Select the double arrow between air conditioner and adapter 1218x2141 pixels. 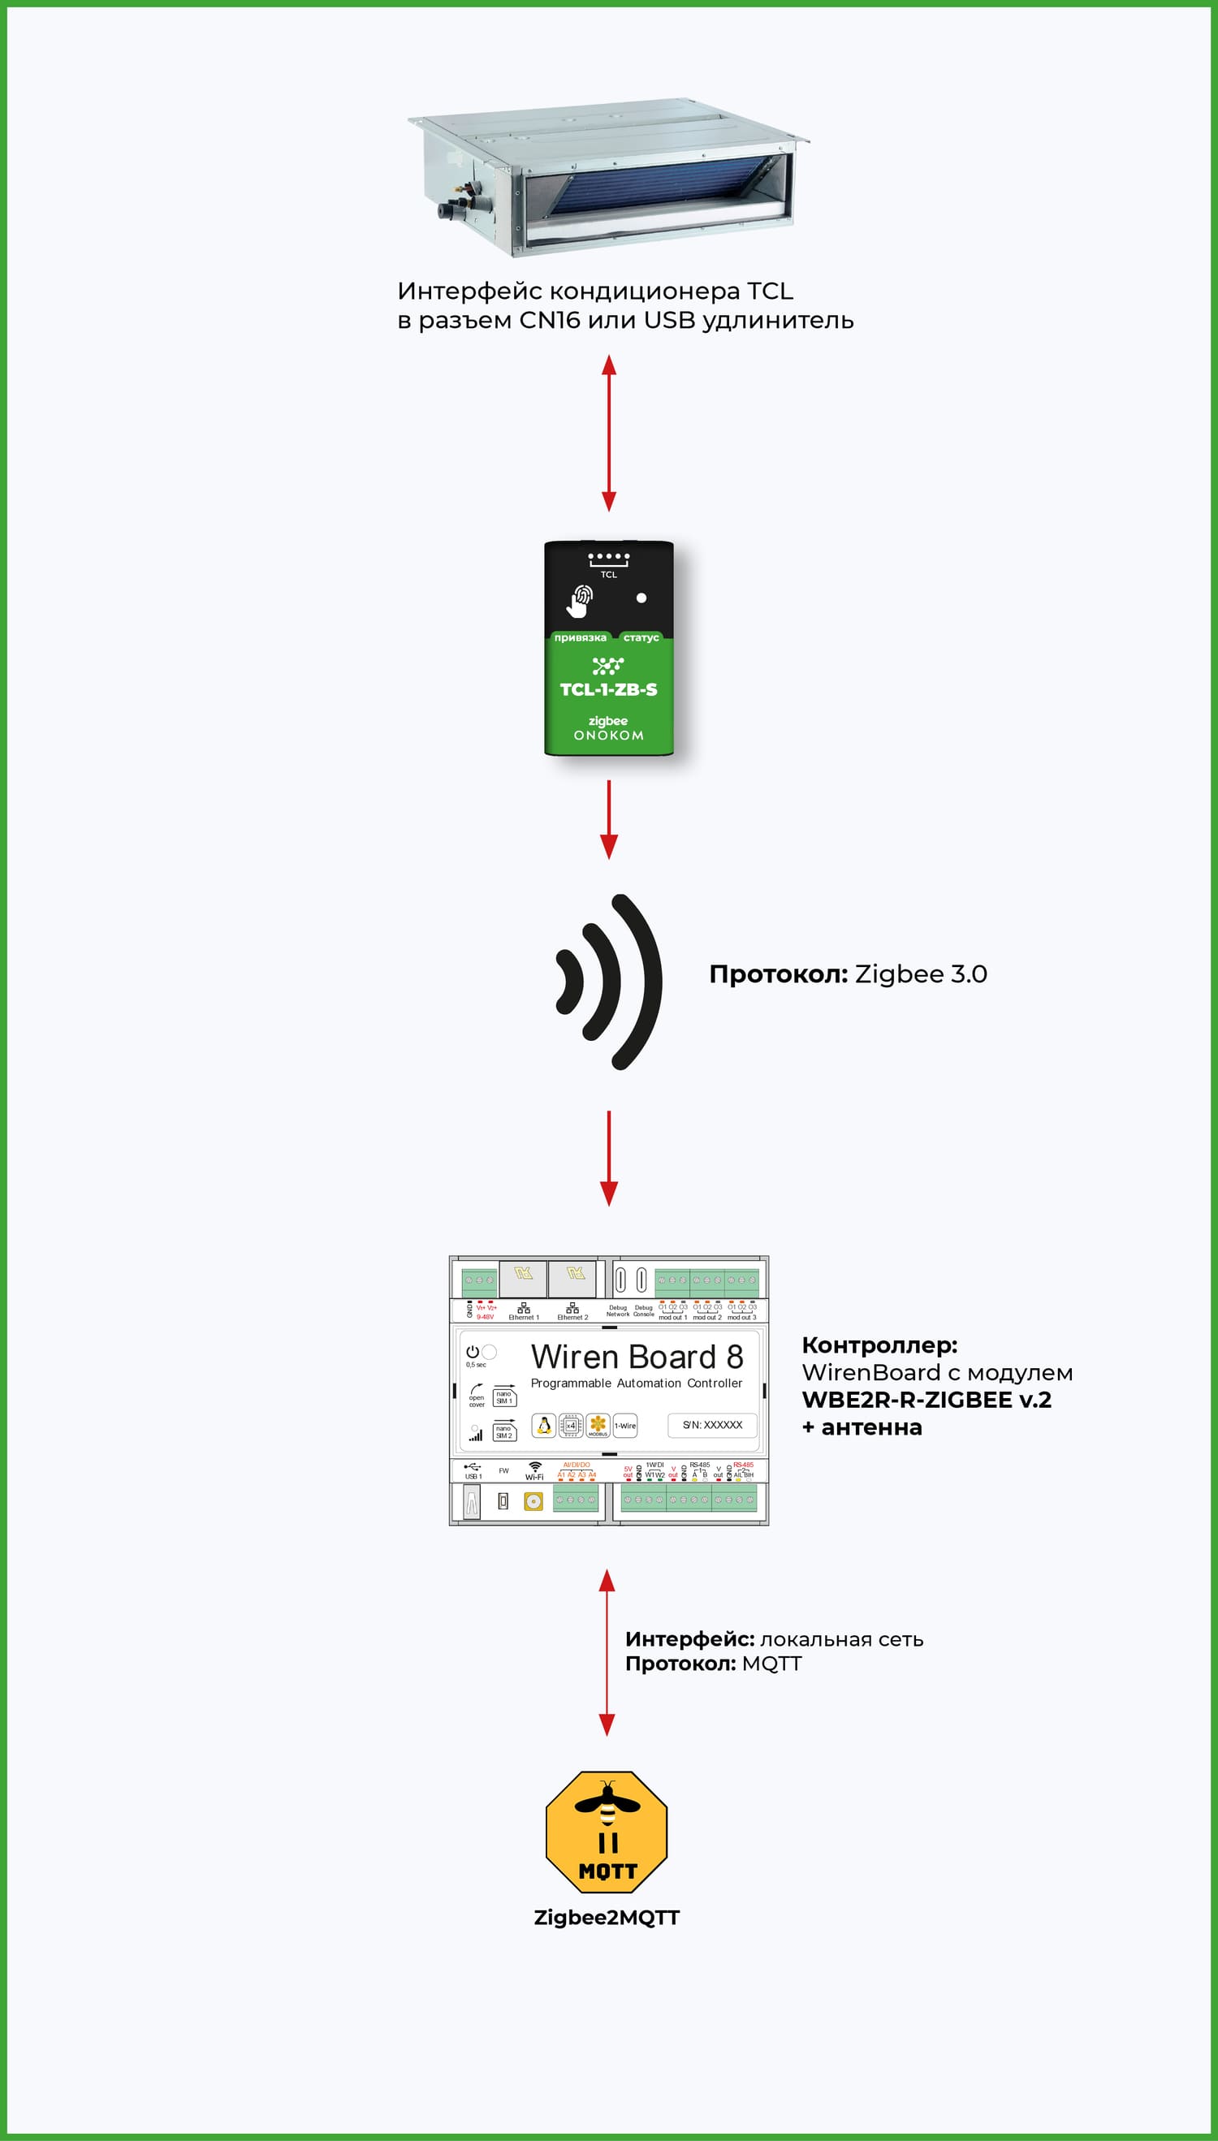click(609, 433)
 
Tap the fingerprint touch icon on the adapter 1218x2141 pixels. click(581, 600)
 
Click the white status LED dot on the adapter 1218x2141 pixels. click(641, 598)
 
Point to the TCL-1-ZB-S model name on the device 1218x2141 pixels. click(608, 690)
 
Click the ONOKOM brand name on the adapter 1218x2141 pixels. click(608, 736)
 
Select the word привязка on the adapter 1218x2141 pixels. click(580, 638)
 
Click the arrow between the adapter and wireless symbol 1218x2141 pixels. click(609, 818)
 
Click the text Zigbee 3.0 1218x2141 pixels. click(920, 974)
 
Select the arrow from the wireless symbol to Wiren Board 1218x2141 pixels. click(609, 1158)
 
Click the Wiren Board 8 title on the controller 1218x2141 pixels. click(636, 1356)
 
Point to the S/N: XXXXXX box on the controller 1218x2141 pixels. click(712, 1425)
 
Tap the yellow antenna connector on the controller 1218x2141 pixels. click(533, 1501)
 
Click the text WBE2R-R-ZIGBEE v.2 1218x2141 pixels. click(926, 1400)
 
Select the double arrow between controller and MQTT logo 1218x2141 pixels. click(607, 1651)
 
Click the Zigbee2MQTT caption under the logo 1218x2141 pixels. click(607, 1918)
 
